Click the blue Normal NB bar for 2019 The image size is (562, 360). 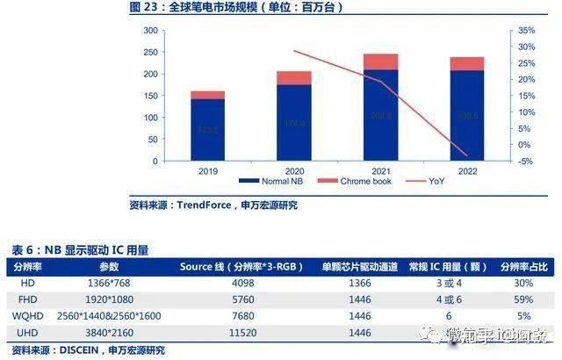207,130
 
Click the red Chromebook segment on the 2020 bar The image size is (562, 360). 293,78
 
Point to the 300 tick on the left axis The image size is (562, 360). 150,31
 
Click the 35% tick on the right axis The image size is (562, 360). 525,31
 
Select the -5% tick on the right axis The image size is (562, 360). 525,162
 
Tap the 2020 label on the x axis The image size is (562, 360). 293,172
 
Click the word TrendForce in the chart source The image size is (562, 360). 205,205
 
